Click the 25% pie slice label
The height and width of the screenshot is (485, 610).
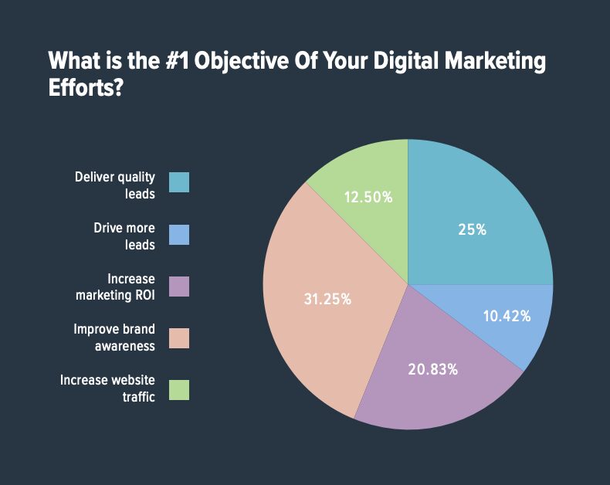pos(471,229)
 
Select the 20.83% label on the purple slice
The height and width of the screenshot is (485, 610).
pos(432,369)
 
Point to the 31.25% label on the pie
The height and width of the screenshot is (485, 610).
pos(327,299)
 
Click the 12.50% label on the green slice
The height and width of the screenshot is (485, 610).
pos(368,197)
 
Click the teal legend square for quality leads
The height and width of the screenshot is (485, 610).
pos(178,182)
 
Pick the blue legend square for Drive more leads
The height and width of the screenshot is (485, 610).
pos(178,235)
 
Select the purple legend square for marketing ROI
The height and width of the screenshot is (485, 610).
pos(178,287)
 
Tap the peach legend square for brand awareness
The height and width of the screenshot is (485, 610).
pos(178,338)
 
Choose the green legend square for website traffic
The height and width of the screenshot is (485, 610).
pos(178,390)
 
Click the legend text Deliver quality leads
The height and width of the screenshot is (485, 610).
pos(115,185)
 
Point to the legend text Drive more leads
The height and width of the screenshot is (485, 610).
pos(124,236)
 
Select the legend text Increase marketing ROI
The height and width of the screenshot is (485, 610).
pos(117,287)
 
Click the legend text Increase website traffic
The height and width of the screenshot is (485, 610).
pos(108,388)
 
